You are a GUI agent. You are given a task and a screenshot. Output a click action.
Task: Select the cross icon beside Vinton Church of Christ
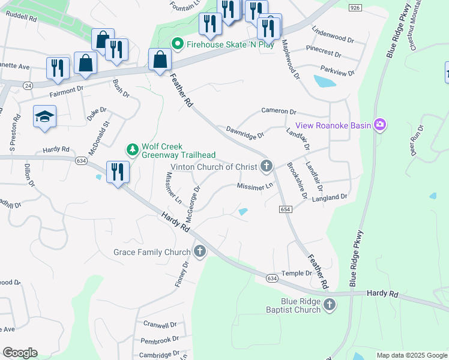267,166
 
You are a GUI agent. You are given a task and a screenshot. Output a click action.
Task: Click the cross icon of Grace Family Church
199,252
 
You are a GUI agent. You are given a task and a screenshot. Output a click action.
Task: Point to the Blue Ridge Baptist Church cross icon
328,305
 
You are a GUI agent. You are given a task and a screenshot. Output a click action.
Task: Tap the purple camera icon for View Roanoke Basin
379,125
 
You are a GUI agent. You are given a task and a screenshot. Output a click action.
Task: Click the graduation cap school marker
44,116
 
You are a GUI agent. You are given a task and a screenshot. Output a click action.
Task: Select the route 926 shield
355,7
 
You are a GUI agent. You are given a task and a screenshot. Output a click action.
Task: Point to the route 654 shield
285,208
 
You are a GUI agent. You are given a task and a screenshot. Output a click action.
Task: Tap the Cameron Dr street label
279,112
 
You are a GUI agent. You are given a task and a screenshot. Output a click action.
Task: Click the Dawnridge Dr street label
245,132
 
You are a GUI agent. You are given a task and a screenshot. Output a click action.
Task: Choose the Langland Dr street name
329,197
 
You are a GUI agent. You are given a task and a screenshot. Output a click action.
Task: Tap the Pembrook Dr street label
160,340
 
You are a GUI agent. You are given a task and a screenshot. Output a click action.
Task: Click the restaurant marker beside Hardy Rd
117,172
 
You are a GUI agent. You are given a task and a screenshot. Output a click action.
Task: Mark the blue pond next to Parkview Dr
325,81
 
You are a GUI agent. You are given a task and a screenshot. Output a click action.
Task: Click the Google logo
20,353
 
